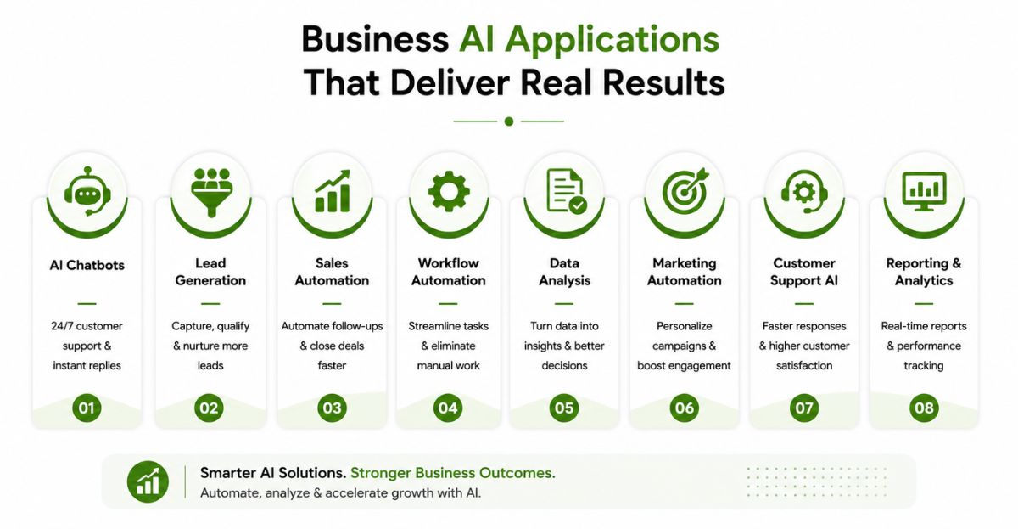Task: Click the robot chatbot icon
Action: [87, 192]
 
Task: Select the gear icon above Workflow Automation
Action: [449, 192]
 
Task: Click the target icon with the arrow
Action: [685, 191]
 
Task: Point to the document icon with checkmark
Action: [567, 191]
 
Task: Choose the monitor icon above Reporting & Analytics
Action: [924, 192]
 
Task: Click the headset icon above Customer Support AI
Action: [804, 192]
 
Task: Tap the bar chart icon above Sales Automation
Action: [333, 191]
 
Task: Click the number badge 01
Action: [87, 408]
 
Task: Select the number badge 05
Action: [564, 408]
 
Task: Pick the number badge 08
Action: [924, 408]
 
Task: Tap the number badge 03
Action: [332, 408]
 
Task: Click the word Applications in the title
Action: [612, 41]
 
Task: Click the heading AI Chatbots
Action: [87, 265]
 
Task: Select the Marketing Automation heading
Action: [685, 272]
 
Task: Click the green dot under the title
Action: [509, 121]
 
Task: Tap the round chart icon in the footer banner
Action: [148, 481]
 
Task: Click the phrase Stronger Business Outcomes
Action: [453, 473]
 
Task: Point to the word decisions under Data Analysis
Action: [564, 366]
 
